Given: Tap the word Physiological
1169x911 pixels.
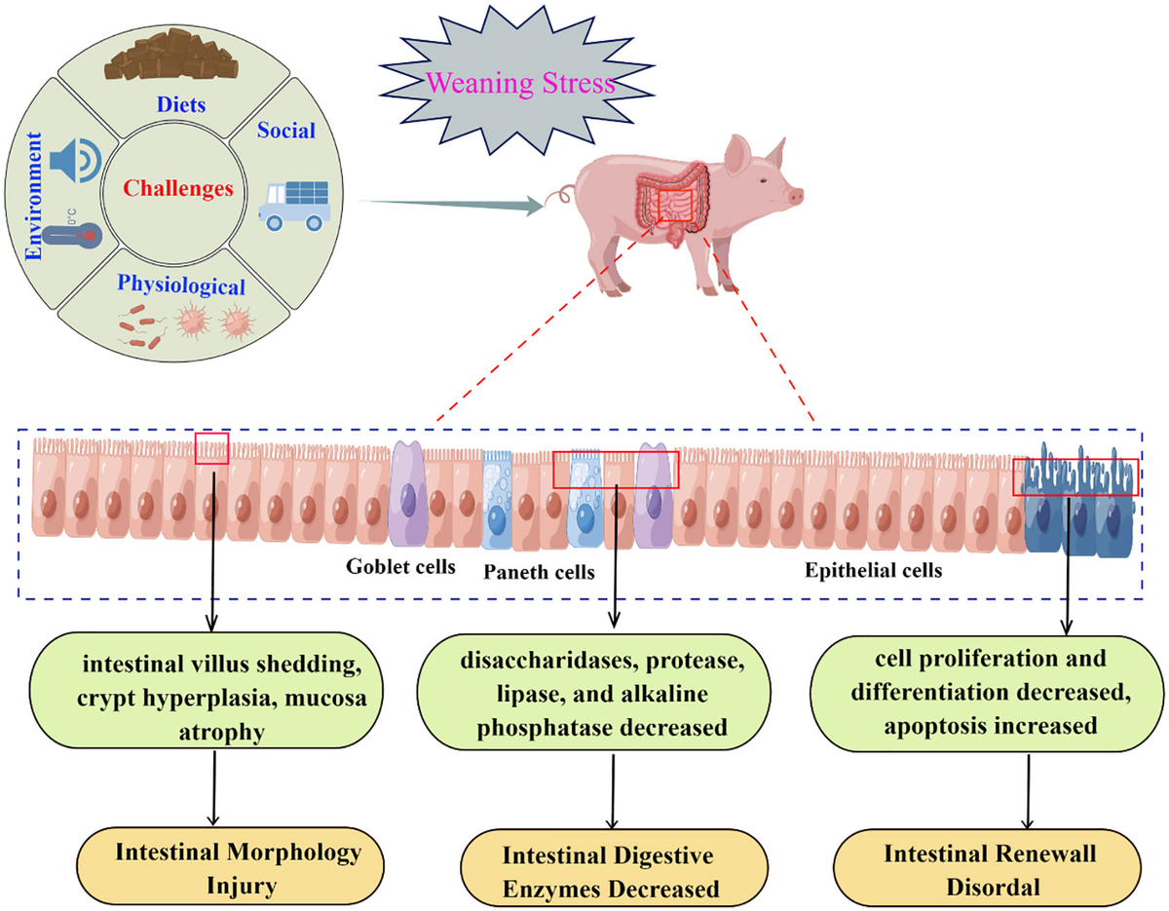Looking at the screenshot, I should [181, 285].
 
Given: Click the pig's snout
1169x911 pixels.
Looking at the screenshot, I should [796, 195].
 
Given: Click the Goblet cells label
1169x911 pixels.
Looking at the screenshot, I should [400, 567].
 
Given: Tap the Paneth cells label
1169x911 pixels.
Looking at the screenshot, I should [539, 572].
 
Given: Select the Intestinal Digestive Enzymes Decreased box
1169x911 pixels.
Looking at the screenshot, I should [610, 871].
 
